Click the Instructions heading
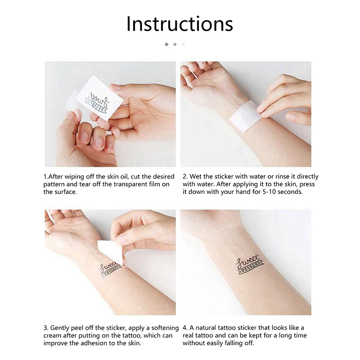pyautogui.click(x=180, y=24)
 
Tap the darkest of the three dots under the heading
pyautogui.click(x=166, y=44)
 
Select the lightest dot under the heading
pyautogui.click(x=183, y=44)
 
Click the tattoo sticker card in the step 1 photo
pyautogui.click(x=99, y=98)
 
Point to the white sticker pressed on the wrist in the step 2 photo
pyautogui.click(x=244, y=117)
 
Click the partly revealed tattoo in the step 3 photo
pyautogui.click(x=110, y=270)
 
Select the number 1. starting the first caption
pyautogui.click(x=46, y=177)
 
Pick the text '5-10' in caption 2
pyautogui.click(x=269, y=192)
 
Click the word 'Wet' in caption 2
pyautogui.click(x=195, y=176)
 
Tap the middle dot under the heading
pyautogui.click(x=175, y=44)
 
